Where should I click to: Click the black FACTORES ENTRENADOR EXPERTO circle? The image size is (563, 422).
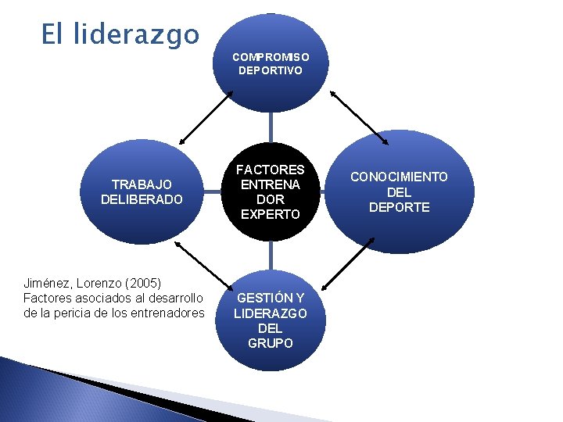(x=271, y=191)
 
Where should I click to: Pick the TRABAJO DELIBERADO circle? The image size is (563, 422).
(x=142, y=191)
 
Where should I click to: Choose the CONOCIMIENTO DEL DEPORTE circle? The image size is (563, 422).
(x=399, y=191)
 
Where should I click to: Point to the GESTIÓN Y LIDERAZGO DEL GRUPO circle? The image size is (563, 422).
(x=271, y=320)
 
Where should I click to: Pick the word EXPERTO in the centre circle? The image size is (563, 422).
(x=271, y=214)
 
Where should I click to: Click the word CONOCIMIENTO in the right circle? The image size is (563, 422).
(x=399, y=177)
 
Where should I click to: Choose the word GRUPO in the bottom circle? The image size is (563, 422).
(x=271, y=342)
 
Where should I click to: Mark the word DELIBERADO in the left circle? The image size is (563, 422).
(x=142, y=199)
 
